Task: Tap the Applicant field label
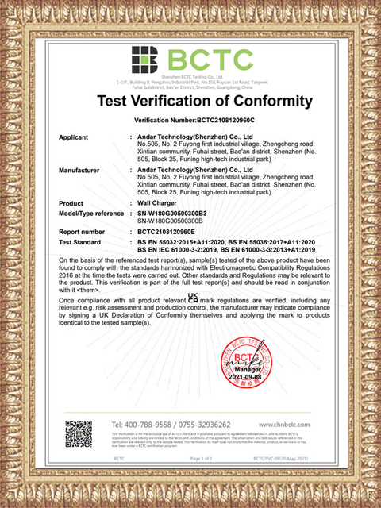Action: tap(74, 137)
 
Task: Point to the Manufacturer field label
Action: tap(80, 171)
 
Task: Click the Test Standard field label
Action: tap(82, 241)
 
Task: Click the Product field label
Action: tap(71, 204)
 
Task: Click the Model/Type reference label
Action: tap(91, 214)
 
